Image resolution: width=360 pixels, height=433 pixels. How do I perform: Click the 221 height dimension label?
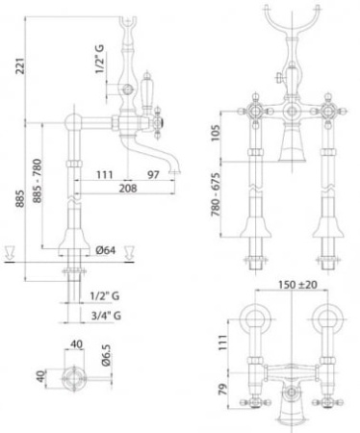tap(21, 65)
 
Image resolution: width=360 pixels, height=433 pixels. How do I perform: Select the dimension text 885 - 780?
tap(37, 181)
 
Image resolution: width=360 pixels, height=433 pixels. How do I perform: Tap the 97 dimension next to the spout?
tap(153, 175)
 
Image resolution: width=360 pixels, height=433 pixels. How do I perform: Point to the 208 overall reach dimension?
tap(128, 189)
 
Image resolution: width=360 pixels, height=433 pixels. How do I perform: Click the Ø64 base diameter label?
tap(106, 250)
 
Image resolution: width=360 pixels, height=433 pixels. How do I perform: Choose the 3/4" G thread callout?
tap(106, 316)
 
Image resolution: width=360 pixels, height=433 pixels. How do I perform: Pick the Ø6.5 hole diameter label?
tap(106, 355)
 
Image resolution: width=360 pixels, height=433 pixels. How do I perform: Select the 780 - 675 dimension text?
tap(216, 194)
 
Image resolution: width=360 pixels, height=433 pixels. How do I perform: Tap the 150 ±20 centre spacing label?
tap(297, 285)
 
